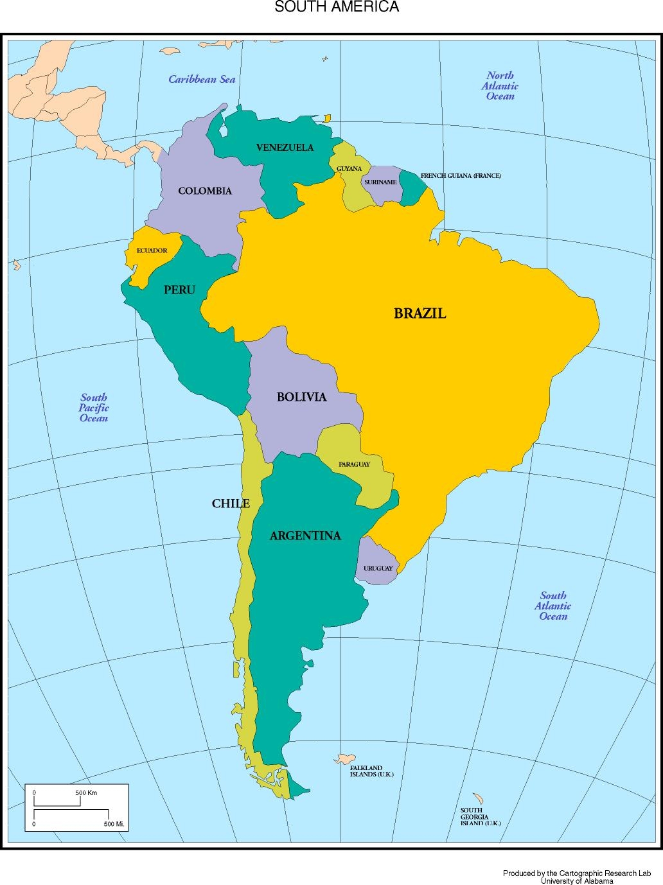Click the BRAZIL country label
click(420, 313)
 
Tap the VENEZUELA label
click(285, 148)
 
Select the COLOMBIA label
click(205, 191)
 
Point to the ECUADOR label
click(152, 250)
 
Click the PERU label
click(179, 290)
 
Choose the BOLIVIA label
click(301, 397)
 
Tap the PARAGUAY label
click(354, 464)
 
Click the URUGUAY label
click(378, 568)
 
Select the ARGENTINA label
click(305, 536)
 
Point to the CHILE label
click(231, 504)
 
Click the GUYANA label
click(349, 169)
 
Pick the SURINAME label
click(380, 182)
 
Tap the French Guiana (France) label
click(461, 175)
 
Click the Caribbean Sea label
click(202, 80)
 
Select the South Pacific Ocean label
click(94, 408)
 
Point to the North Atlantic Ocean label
click(500, 86)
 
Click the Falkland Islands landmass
click(345, 759)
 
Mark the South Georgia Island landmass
click(478, 798)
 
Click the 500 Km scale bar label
click(86, 793)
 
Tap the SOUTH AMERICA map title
click(337, 7)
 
